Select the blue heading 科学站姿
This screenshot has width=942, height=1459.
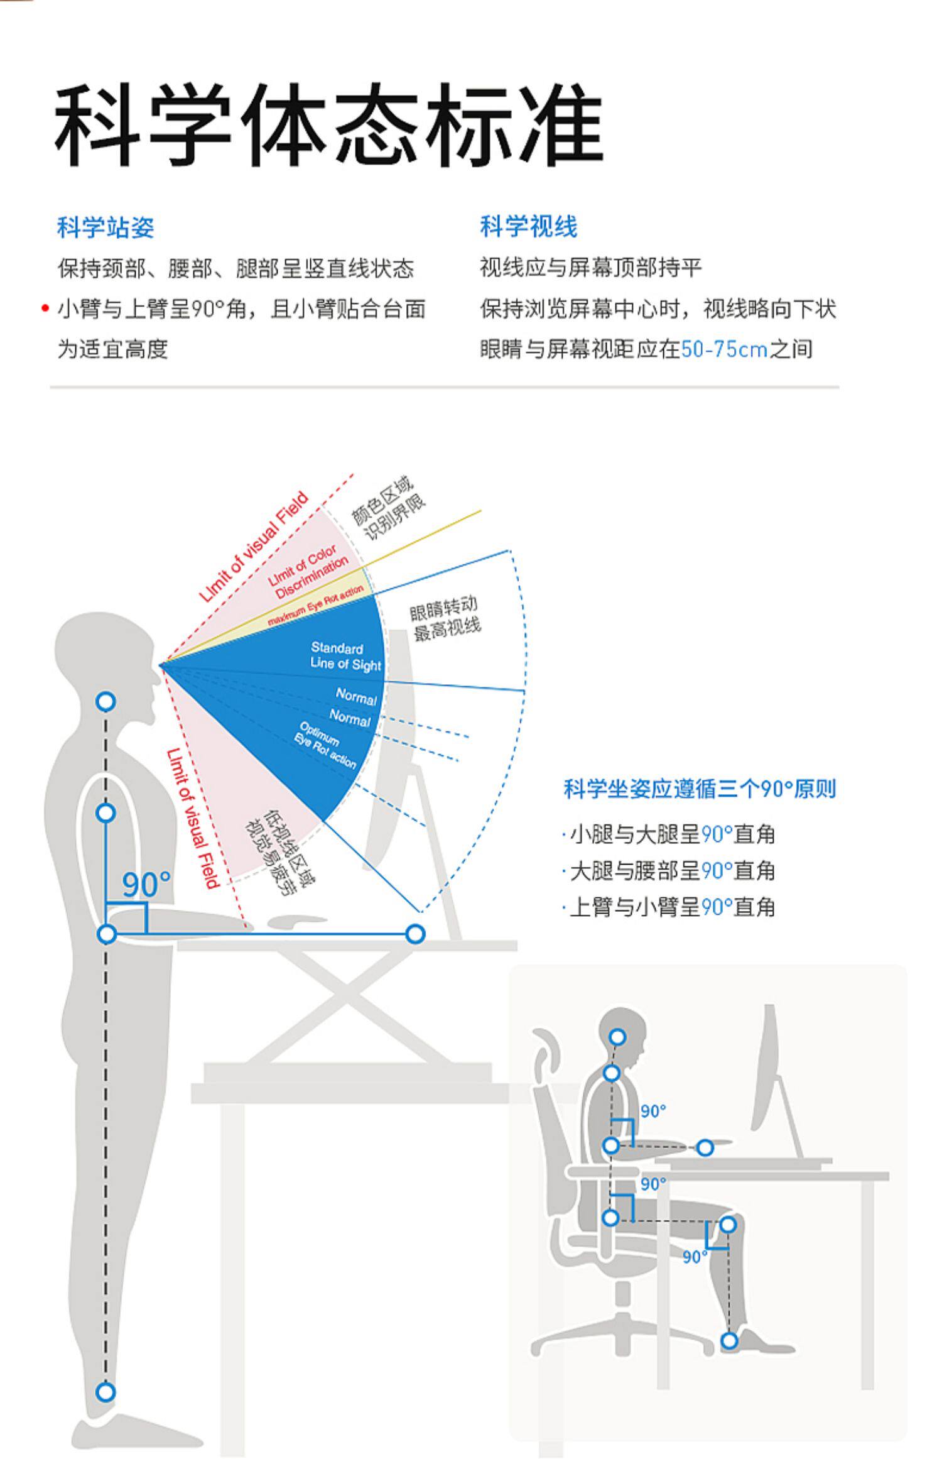[x=105, y=227]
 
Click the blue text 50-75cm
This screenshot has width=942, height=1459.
[x=724, y=349]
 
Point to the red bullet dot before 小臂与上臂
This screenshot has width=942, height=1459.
[x=45, y=308]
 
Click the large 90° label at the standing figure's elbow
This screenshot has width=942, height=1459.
[x=146, y=885]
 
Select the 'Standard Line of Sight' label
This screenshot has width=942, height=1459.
[x=345, y=656]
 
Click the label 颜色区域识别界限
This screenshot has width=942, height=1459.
[x=387, y=510]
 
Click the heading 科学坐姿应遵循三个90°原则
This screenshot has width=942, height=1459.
[x=699, y=789]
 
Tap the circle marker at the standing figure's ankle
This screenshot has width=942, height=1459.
[x=106, y=1392]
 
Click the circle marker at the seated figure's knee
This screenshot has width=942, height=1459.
[x=727, y=1225]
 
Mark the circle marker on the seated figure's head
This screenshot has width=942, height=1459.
[x=617, y=1036]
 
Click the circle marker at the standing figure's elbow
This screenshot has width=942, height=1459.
[x=107, y=934]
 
